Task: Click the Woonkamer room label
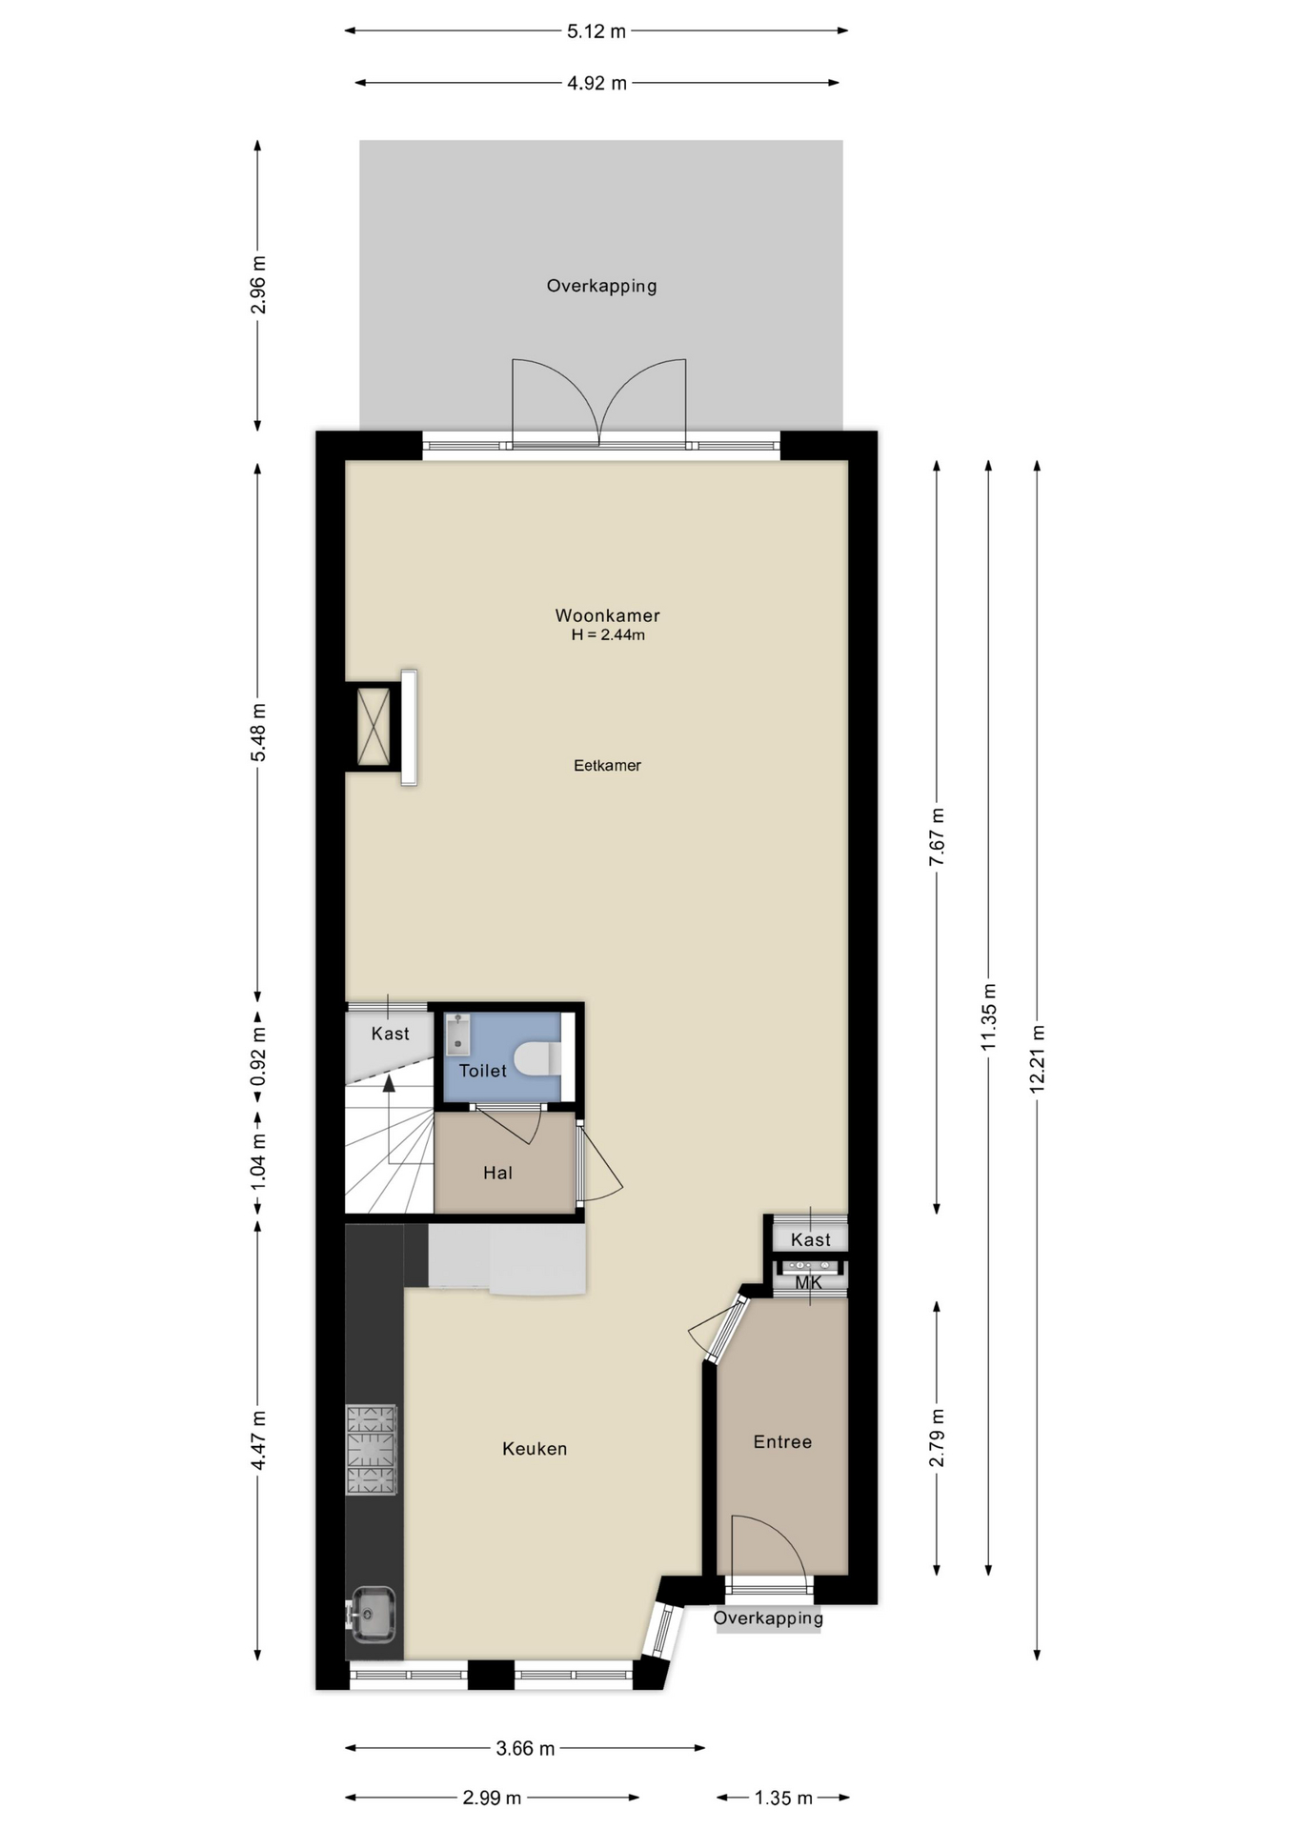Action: coord(607,615)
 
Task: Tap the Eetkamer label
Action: coord(607,765)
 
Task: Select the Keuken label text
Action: coord(535,1448)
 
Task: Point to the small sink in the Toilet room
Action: coord(458,1034)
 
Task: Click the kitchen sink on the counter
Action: coord(372,1614)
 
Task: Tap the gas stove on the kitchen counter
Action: coord(371,1449)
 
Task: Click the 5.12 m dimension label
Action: coord(596,31)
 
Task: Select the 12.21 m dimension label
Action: coord(1038,1058)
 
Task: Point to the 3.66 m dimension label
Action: coord(525,1748)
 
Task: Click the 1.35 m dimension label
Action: coord(783,1798)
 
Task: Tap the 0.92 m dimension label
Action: coord(258,1055)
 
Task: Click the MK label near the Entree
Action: coord(808,1282)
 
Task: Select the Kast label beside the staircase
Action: coord(391,1034)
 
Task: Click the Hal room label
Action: coord(497,1173)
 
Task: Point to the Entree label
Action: coord(783,1441)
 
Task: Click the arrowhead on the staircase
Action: coord(389,1082)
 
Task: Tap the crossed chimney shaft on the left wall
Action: coord(374,727)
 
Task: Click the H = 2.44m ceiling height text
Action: coord(608,635)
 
